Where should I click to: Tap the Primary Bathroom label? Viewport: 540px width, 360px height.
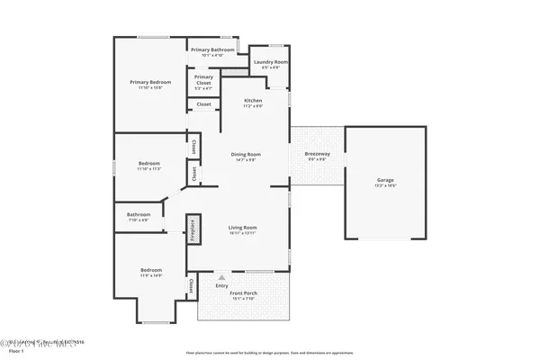point(212,49)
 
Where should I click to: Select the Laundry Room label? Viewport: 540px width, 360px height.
point(270,62)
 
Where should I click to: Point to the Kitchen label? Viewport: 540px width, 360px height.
point(253,100)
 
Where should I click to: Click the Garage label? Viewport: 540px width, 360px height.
point(385,180)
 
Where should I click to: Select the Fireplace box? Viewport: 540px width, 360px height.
point(192,229)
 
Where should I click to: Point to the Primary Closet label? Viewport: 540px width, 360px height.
point(203,79)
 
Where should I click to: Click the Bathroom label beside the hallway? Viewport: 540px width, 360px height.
point(139,214)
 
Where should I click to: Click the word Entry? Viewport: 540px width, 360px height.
point(221,285)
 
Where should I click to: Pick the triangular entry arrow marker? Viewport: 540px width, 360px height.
point(222,277)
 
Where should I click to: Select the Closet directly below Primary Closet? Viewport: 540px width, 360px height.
point(203,104)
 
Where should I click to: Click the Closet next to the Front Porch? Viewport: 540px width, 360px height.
point(192,285)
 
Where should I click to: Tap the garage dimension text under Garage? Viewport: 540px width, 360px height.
point(385,186)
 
